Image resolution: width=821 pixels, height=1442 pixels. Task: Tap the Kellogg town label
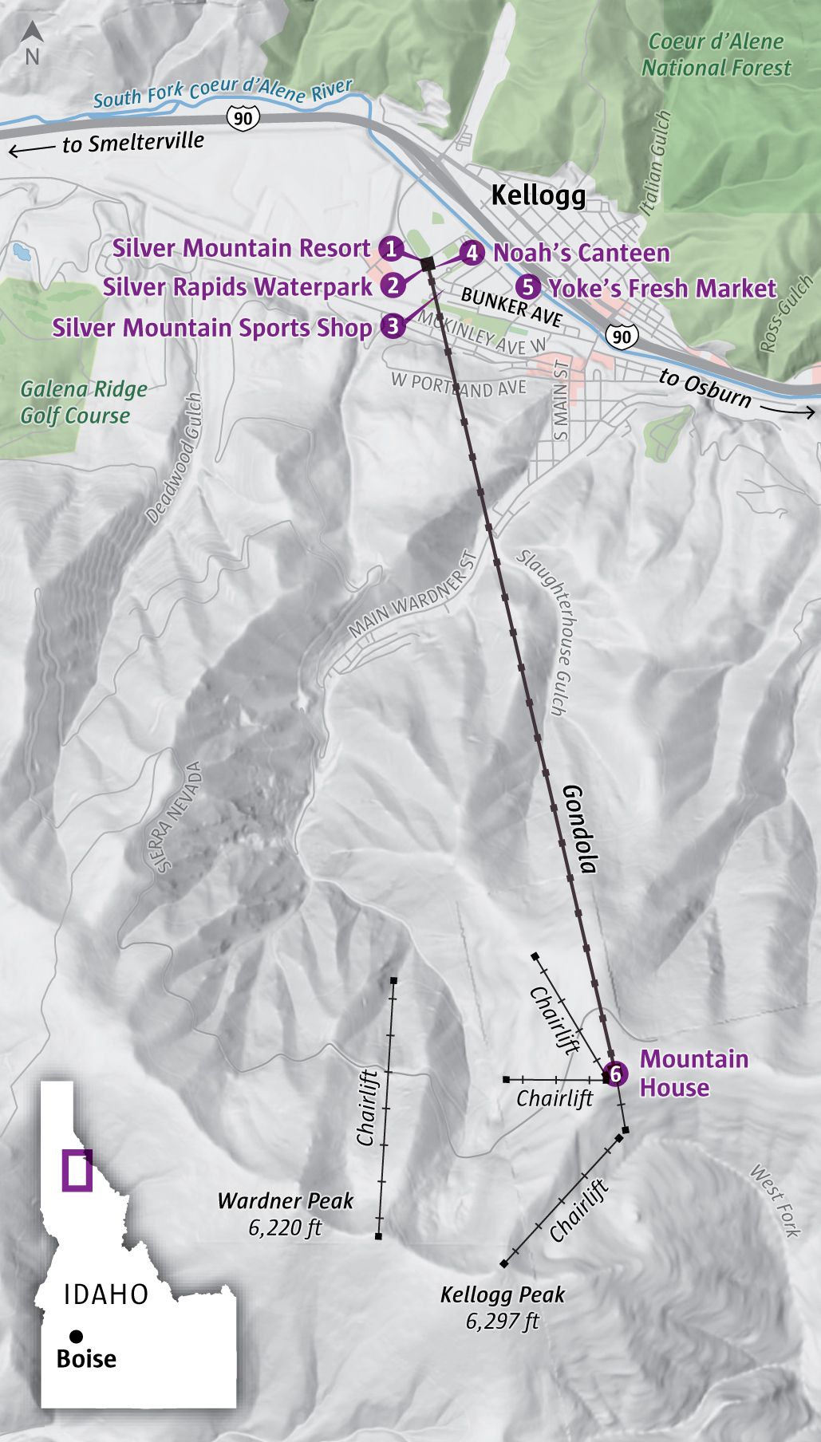[538, 195]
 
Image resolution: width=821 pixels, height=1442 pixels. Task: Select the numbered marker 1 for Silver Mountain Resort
[391, 248]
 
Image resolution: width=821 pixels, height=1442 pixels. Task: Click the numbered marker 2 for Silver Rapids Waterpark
[393, 286]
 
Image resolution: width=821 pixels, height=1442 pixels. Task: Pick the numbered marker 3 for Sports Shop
[392, 326]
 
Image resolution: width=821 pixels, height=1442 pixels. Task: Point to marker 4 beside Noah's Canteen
[472, 253]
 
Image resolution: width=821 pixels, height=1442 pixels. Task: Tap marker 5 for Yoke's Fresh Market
[527, 288]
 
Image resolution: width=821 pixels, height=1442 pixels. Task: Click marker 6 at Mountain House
[614, 1074]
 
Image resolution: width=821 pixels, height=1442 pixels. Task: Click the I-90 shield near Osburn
[622, 336]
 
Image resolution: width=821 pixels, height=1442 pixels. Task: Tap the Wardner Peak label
[285, 1200]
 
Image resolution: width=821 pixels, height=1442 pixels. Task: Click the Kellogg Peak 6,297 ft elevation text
[503, 1322]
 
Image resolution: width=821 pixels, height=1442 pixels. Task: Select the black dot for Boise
[76, 1336]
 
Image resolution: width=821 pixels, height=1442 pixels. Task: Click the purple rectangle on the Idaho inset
[77, 1170]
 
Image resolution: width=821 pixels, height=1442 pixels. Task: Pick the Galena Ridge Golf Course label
[83, 402]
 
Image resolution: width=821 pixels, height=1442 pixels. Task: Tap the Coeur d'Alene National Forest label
[716, 54]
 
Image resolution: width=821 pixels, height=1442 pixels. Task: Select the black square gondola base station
[427, 262]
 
